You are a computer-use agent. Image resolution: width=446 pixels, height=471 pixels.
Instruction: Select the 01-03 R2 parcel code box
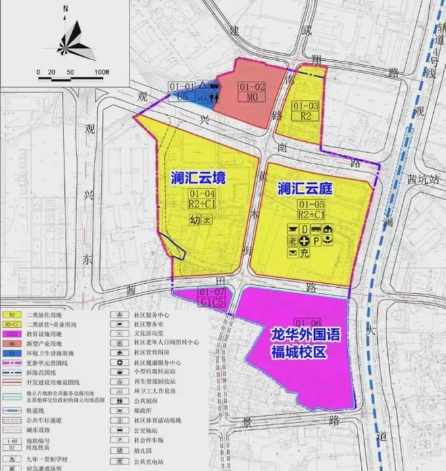[305, 110]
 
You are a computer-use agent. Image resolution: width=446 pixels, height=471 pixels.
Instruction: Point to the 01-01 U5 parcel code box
[182, 91]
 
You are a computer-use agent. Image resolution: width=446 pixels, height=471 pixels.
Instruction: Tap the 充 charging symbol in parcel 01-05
[304, 253]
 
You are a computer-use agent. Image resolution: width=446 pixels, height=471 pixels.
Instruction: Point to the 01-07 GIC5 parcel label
[212, 297]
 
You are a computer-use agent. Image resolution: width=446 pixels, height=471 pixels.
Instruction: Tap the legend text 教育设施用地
[45, 334]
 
